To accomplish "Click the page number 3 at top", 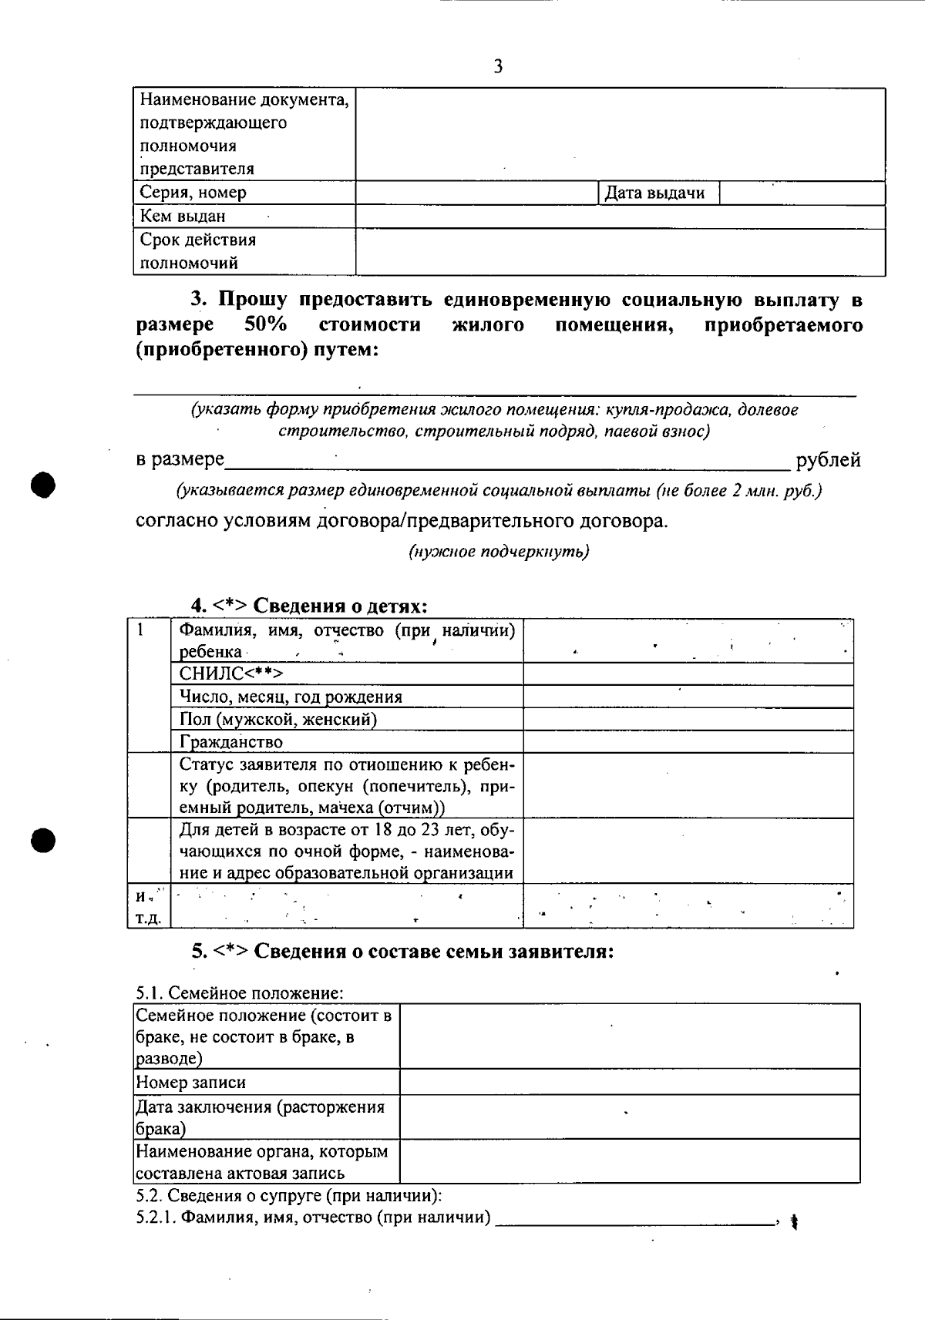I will [x=498, y=67].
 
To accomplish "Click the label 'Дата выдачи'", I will [x=654, y=193].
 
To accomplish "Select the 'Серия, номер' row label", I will [x=193, y=193].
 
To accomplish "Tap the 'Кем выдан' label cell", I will [x=183, y=217].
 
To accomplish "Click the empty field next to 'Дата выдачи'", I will [x=802, y=193].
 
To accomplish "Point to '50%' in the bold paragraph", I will [x=266, y=324].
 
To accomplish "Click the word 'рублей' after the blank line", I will [x=828, y=461].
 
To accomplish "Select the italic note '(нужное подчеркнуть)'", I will [x=499, y=552].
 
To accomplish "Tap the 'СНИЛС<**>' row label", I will [x=231, y=674].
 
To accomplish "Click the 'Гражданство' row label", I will [x=231, y=742].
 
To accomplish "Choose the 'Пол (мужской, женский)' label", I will [x=278, y=720].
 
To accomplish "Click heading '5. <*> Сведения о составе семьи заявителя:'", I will [x=402, y=952].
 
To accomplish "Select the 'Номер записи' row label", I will [x=191, y=1083].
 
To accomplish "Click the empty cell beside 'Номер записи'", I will [x=629, y=1082].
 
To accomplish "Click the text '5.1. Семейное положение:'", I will [x=239, y=993].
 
